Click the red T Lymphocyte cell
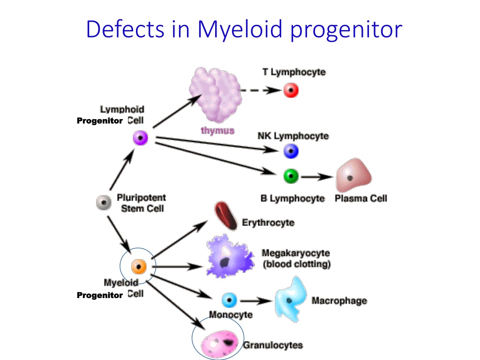(x=291, y=90)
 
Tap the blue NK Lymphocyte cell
(x=291, y=151)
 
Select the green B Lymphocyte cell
(x=291, y=176)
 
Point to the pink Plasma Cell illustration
(x=353, y=175)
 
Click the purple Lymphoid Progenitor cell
(x=141, y=138)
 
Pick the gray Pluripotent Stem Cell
(x=104, y=202)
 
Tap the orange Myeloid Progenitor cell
(x=139, y=267)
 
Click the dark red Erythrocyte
(x=226, y=216)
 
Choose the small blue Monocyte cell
(x=229, y=300)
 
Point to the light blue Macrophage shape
(x=291, y=300)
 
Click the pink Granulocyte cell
(x=219, y=344)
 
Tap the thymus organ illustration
(x=216, y=95)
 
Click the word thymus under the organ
(x=217, y=131)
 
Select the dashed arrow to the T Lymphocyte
(x=261, y=90)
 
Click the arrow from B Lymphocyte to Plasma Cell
(x=316, y=177)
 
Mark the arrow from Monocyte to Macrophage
(x=256, y=301)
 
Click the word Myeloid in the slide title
(x=240, y=30)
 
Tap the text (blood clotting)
(x=297, y=264)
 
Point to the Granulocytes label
(x=273, y=345)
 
